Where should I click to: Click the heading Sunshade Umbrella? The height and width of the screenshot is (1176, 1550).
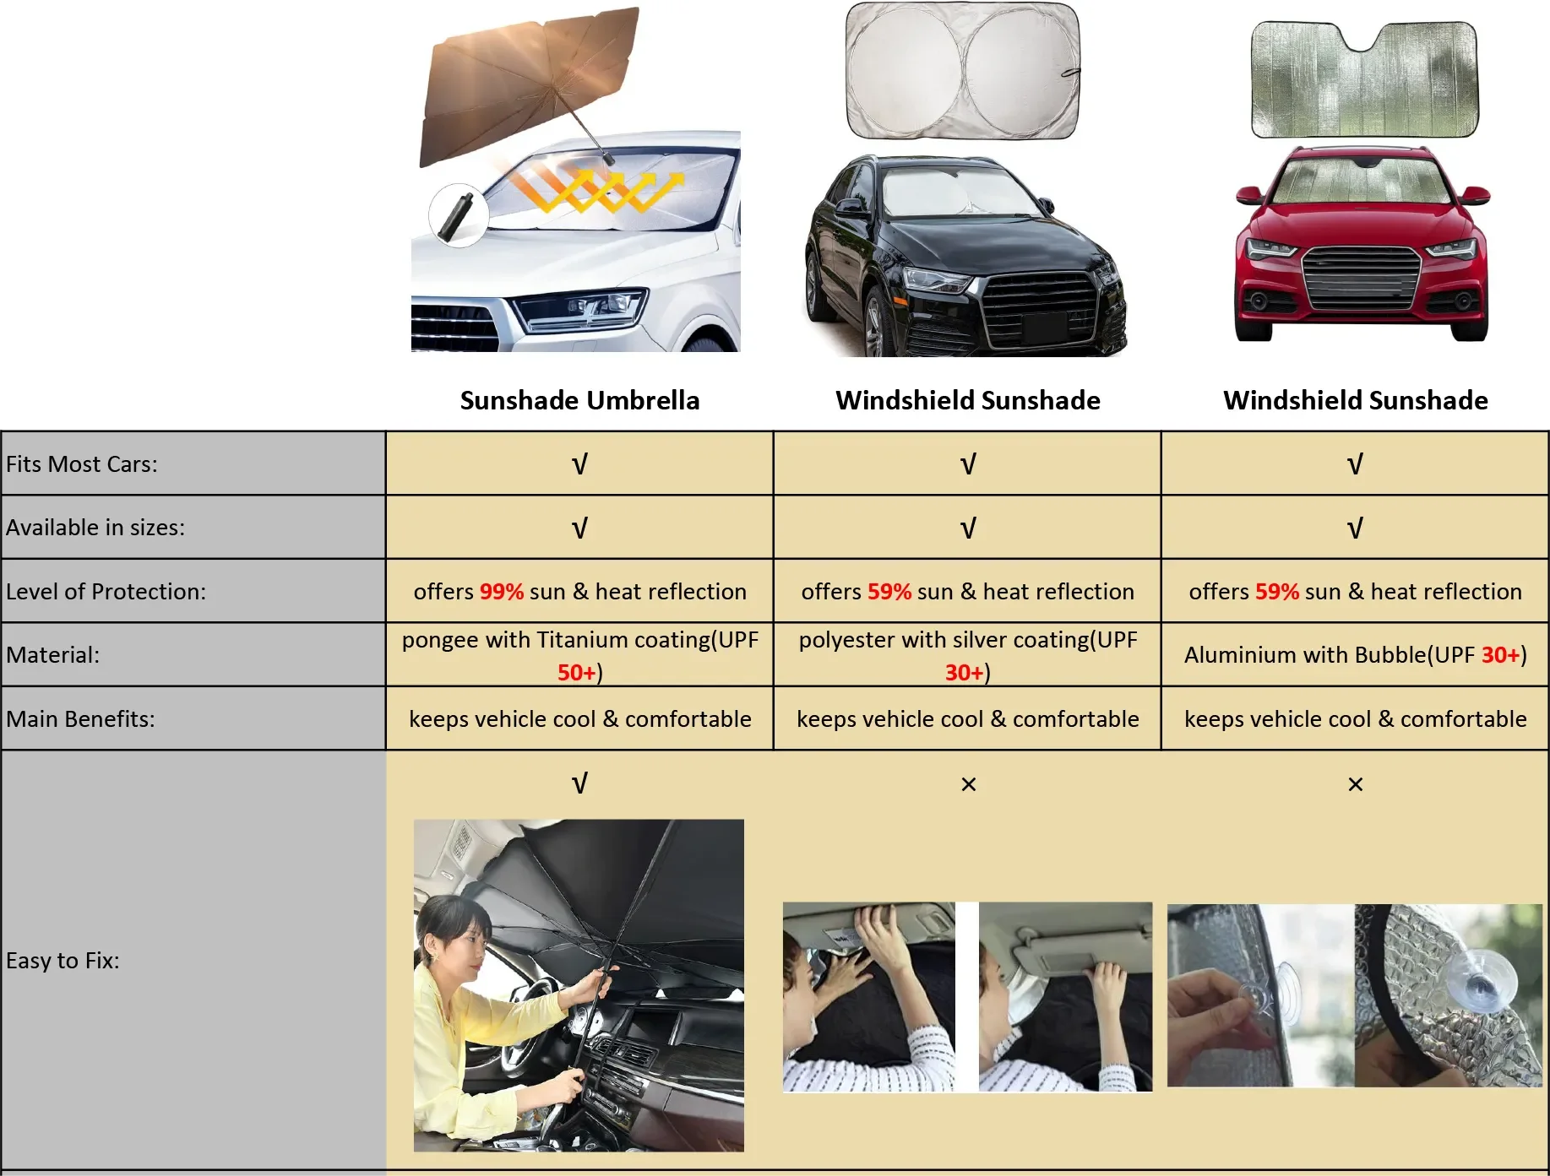579,400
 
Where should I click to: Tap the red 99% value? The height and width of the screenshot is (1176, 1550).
502,591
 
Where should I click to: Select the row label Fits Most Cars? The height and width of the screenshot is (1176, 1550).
82,464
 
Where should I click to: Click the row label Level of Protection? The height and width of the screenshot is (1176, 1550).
106,591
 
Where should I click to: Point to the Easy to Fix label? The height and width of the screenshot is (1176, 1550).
63,960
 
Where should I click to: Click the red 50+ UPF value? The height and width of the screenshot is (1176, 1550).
577,672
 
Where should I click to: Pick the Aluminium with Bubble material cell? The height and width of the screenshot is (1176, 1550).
1355,654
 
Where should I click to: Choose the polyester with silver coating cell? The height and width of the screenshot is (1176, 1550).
967,654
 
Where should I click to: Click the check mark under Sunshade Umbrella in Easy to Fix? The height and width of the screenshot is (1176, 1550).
579,783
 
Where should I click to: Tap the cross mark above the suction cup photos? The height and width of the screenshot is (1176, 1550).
1355,784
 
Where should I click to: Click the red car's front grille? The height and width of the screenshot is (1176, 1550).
1361,278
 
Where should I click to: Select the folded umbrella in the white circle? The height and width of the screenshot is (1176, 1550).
457,215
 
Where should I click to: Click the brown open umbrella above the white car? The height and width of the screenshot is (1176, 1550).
528,80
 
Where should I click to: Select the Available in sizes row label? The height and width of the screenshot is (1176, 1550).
95,528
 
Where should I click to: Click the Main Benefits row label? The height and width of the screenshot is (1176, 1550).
80,718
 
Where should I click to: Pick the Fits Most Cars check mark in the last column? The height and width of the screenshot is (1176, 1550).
1355,464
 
